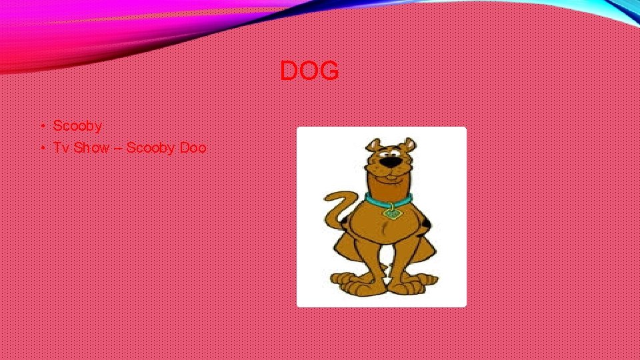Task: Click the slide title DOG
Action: [309, 71]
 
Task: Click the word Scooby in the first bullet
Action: [77, 125]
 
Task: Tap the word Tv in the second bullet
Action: [61, 147]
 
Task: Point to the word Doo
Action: [193, 147]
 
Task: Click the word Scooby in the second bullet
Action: [150, 147]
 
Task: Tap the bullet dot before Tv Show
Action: [41, 147]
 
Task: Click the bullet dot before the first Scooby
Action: [41, 125]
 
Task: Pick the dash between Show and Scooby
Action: [117, 148]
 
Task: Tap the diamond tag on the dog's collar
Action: [393, 213]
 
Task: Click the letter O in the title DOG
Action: [309, 71]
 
